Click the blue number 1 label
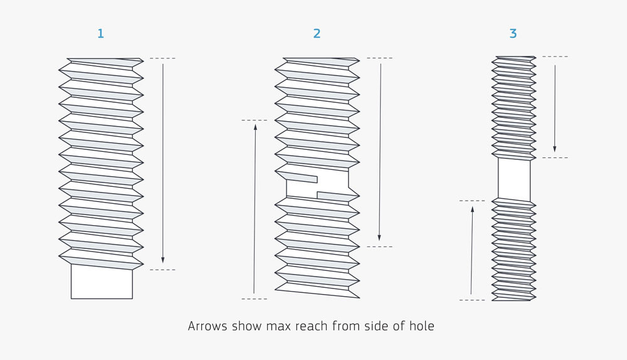tap(100, 34)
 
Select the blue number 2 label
tap(317, 34)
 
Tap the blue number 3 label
tap(513, 34)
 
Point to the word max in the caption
tap(277, 326)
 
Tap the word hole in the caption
tap(421, 326)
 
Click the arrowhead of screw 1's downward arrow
tap(163, 260)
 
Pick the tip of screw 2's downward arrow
tap(379, 238)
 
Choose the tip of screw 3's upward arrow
tap(472, 209)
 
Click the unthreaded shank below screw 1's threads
tap(102, 282)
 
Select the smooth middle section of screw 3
tap(514, 179)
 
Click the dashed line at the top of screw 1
tap(162, 58)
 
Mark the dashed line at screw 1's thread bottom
tap(162, 270)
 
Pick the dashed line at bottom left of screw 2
tap(254, 299)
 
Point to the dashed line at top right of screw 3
tap(555, 57)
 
